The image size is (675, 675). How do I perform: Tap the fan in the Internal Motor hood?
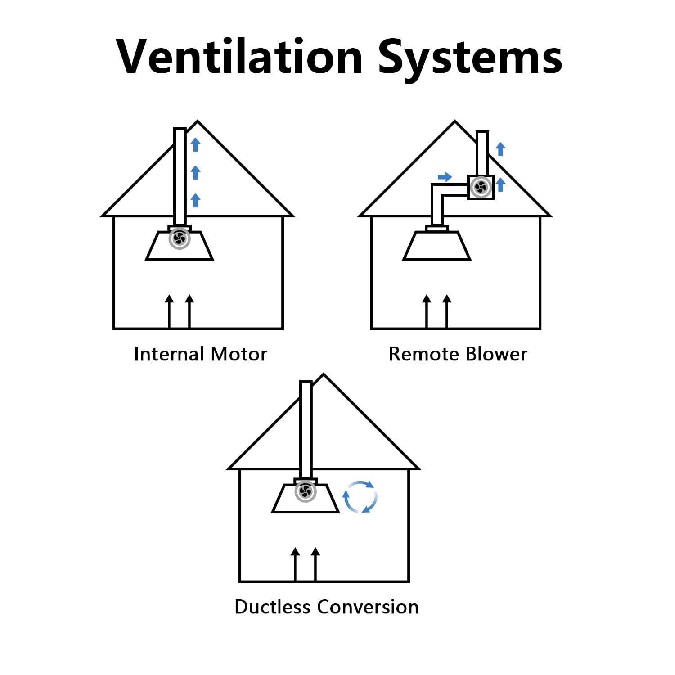pos(180,238)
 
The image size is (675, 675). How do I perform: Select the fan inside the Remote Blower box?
pos(481,187)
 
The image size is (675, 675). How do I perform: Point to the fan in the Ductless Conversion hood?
pos(306,491)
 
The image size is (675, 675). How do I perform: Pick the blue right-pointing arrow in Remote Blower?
pos(445,177)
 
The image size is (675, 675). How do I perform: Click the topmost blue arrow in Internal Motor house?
pos(195,144)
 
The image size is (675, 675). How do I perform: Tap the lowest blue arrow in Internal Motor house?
pos(195,200)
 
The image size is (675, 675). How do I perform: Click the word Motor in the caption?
pos(239,354)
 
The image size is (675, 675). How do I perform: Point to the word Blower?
pos(496,354)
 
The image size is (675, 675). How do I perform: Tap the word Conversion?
pos(368,607)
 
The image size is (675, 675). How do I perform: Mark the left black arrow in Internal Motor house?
pos(169,311)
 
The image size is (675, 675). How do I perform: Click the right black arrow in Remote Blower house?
pos(447,311)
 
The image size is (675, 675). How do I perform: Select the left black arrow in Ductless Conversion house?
pos(295,564)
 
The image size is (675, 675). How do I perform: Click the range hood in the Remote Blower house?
pos(437,245)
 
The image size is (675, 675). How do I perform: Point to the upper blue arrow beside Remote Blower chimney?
pos(500,149)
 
